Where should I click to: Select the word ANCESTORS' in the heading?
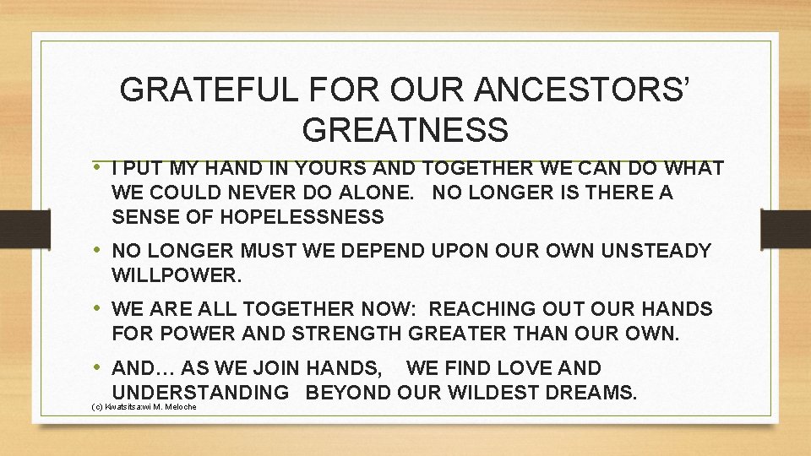click(575, 89)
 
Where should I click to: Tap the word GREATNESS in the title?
click(405, 130)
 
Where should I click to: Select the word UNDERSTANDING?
click(200, 393)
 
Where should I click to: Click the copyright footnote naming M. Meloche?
click(143, 407)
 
